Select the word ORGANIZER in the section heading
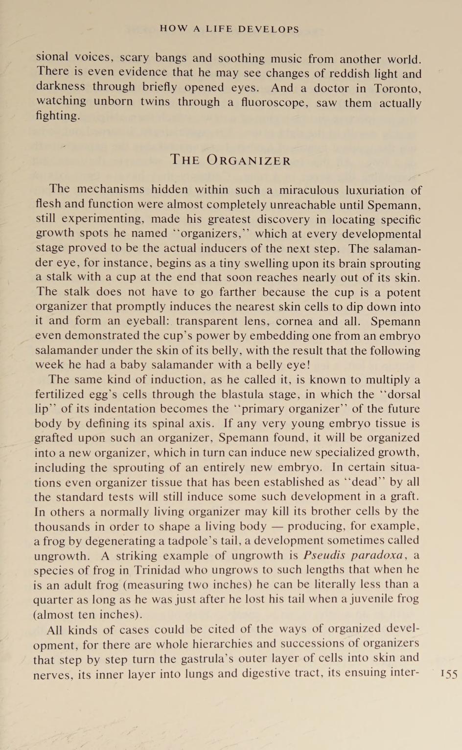[249, 161]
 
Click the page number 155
[448, 674]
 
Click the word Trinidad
[162, 570]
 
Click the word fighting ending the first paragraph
[57, 117]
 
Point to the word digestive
[264, 673]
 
